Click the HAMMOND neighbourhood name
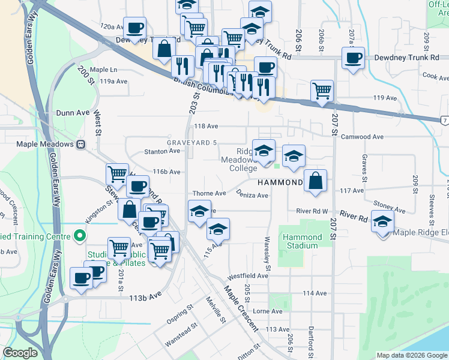tap(280, 182)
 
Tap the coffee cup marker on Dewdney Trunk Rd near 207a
tap(354, 58)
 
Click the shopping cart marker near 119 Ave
tap(322, 91)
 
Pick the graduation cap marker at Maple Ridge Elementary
tap(383, 221)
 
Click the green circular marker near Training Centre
tap(78, 236)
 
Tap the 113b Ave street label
tap(146, 296)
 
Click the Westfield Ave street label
tap(247, 276)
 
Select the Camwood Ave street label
tap(362, 137)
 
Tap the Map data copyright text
tap(412, 355)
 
